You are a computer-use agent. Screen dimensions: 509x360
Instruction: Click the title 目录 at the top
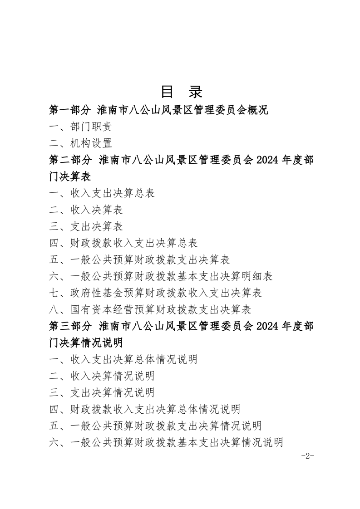(x=181, y=92)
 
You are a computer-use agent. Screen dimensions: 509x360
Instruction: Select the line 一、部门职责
(x=81, y=127)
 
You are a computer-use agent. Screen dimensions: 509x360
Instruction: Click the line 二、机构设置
(x=81, y=143)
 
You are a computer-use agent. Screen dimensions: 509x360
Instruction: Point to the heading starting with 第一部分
(x=159, y=110)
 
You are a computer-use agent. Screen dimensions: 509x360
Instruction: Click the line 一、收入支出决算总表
(x=102, y=193)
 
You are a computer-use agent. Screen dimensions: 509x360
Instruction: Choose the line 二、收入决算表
(x=86, y=210)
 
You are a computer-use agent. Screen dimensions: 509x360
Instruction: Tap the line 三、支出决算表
(x=86, y=226)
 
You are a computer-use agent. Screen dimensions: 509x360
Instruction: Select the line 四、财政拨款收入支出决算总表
(x=123, y=243)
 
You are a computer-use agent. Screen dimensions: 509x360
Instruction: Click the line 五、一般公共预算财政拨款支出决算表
(x=139, y=259)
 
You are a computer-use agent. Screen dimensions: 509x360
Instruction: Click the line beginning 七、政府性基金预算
(x=155, y=293)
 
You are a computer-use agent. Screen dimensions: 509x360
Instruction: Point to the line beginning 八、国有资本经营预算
(x=150, y=309)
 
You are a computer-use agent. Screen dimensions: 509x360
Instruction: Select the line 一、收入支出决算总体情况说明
(x=123, y=359)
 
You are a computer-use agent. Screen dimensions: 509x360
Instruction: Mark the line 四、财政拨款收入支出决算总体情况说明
(x=145, y=409)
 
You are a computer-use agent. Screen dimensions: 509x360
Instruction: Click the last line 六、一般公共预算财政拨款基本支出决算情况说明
(x=166, y=442)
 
